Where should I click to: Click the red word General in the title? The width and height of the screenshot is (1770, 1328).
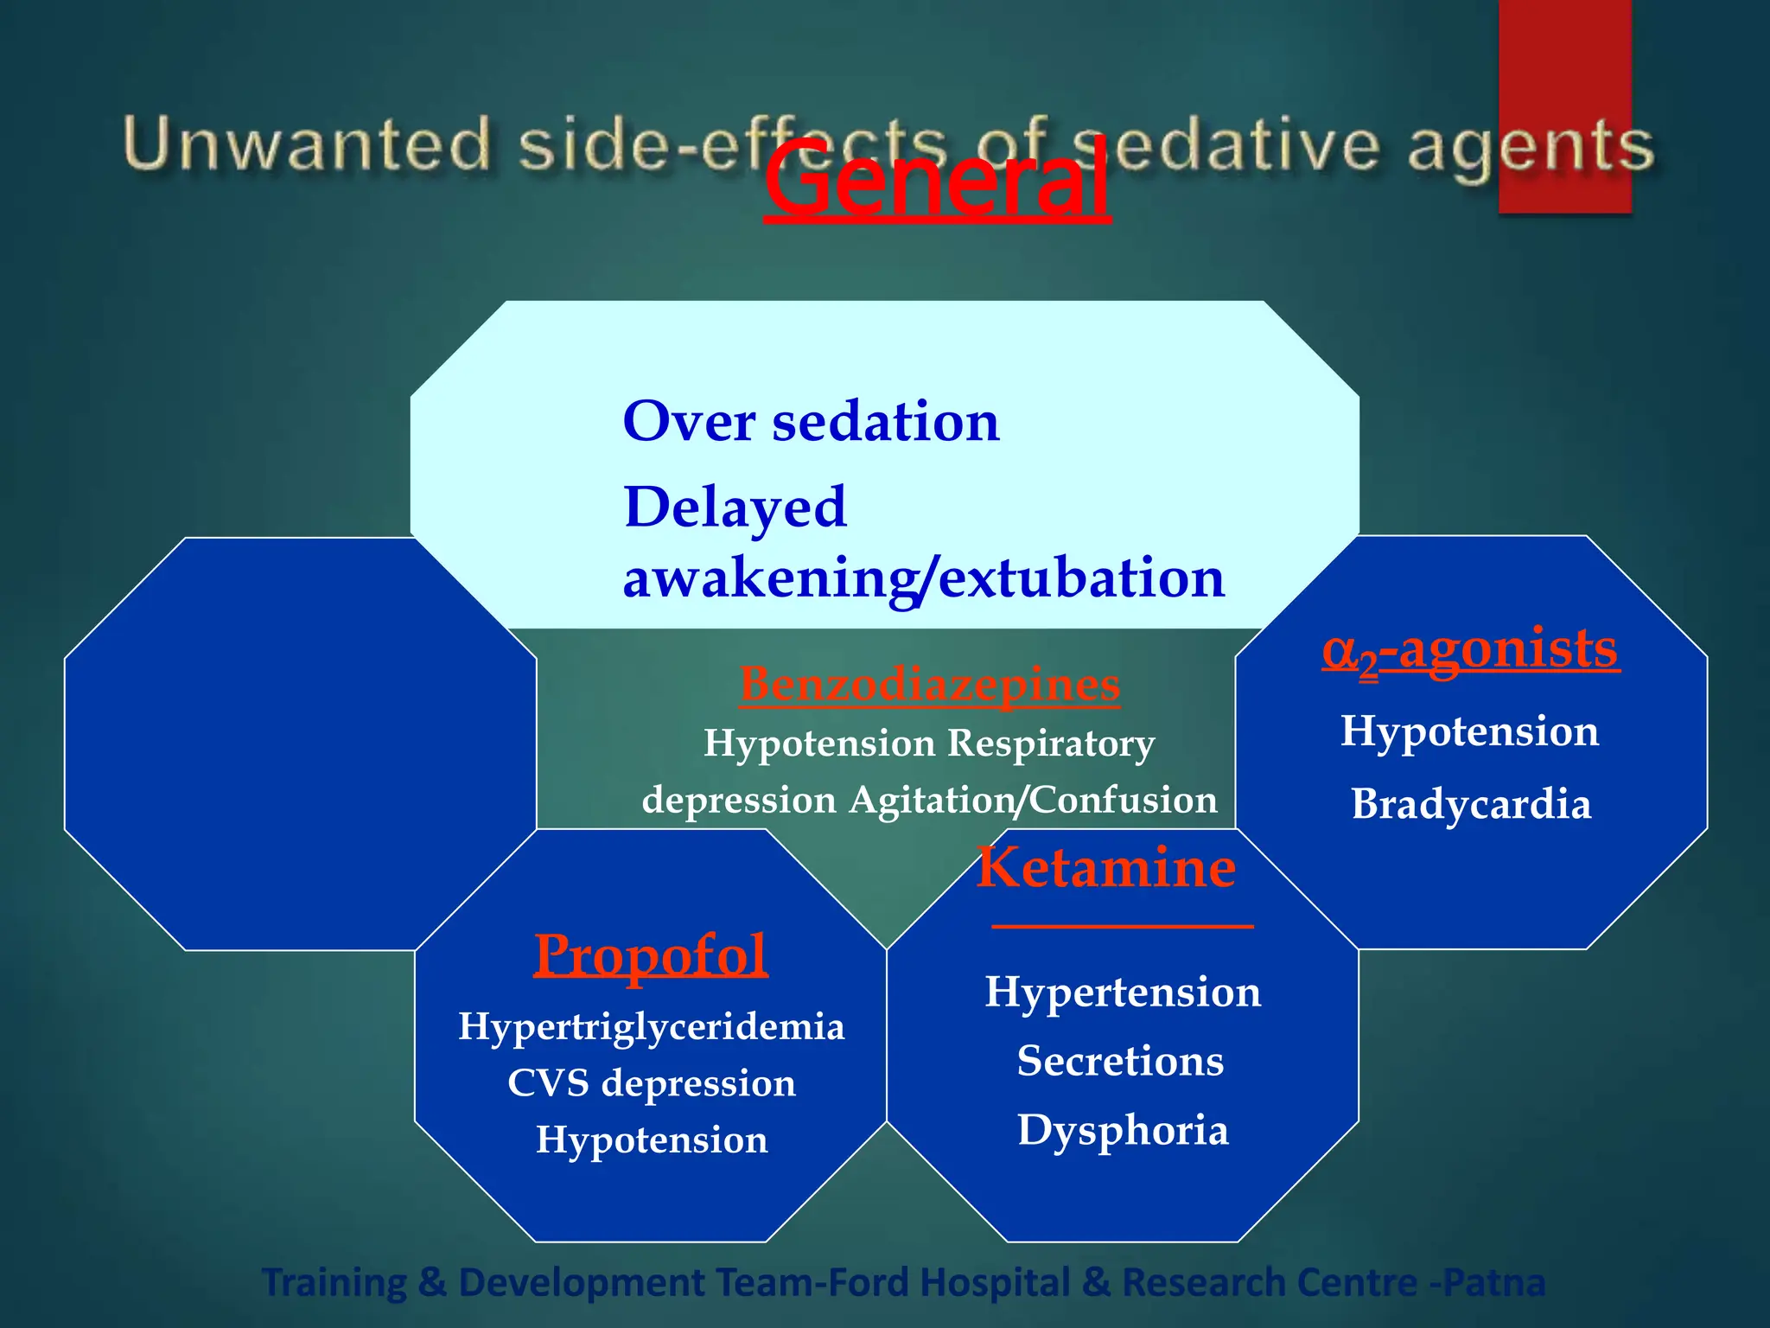[936, 181]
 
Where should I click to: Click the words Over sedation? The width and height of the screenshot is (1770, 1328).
[811, 422]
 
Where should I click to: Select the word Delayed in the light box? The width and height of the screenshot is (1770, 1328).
[735, 507]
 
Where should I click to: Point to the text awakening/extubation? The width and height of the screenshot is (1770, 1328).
[923, 578]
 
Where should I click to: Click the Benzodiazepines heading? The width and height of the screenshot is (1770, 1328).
[930, 685]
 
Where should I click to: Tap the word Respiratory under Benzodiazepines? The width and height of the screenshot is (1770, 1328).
[1051, 744]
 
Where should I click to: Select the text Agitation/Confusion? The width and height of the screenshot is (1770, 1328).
[1033, 800]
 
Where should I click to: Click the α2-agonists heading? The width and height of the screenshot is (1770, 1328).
[1470, 650]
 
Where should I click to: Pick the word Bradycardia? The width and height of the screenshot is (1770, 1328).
[1471, 804]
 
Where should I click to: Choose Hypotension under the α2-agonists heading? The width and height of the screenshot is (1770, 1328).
[1469, 731]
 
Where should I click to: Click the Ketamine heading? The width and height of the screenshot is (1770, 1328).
[1106, 867]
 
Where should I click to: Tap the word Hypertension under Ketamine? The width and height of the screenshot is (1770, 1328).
[1123, 992]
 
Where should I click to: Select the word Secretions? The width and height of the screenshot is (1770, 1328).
[1120, 1061]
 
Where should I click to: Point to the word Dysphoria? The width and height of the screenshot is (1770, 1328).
[1123, 1130]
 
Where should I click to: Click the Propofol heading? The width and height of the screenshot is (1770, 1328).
[650, 955]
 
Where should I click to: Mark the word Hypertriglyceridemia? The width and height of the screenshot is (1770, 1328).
[651, 1027]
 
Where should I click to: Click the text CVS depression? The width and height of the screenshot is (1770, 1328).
[651, 1083]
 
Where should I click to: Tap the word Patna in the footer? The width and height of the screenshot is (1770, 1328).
[1493, 1282]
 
